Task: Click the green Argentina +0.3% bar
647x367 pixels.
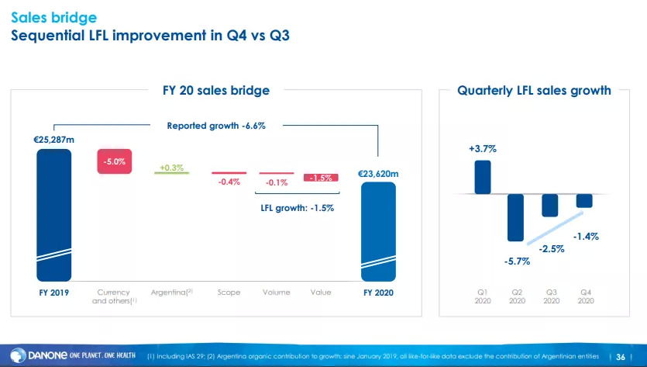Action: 172,173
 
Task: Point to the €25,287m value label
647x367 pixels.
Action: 55,140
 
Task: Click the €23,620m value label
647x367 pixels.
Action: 378,174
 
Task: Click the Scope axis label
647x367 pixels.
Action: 229,292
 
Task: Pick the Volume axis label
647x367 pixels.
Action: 276,292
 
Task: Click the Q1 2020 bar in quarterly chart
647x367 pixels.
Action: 482,176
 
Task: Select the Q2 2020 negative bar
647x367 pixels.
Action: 516,217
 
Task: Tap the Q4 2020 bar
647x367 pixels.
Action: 584,200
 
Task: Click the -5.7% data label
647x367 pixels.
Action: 517,261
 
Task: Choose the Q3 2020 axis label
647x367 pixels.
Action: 550,296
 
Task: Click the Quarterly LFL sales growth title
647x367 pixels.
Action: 534,91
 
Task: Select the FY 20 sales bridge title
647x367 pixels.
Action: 216,91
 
